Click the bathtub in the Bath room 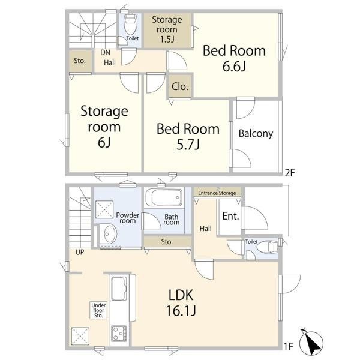(164, 197)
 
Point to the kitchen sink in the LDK (119, 289)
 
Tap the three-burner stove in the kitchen (119, 333)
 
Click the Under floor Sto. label (98, 310)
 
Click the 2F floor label (290, 173)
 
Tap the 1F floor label (289, 346)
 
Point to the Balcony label (256, 134)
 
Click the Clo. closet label (180, 86)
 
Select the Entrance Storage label (217, 193)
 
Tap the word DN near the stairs (105, 53)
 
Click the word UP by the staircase (80, 252)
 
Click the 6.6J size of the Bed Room (234, 67)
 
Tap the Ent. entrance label (231, 216)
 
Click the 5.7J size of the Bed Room (188, 145)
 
